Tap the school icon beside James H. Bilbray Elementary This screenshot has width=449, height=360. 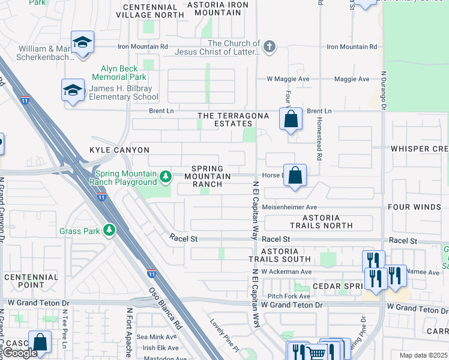73,91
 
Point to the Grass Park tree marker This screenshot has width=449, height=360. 109,230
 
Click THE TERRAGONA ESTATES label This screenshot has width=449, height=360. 225,119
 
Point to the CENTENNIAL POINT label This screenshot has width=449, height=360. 31,281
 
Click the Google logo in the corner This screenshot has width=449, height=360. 19,353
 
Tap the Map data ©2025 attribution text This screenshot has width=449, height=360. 423,355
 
